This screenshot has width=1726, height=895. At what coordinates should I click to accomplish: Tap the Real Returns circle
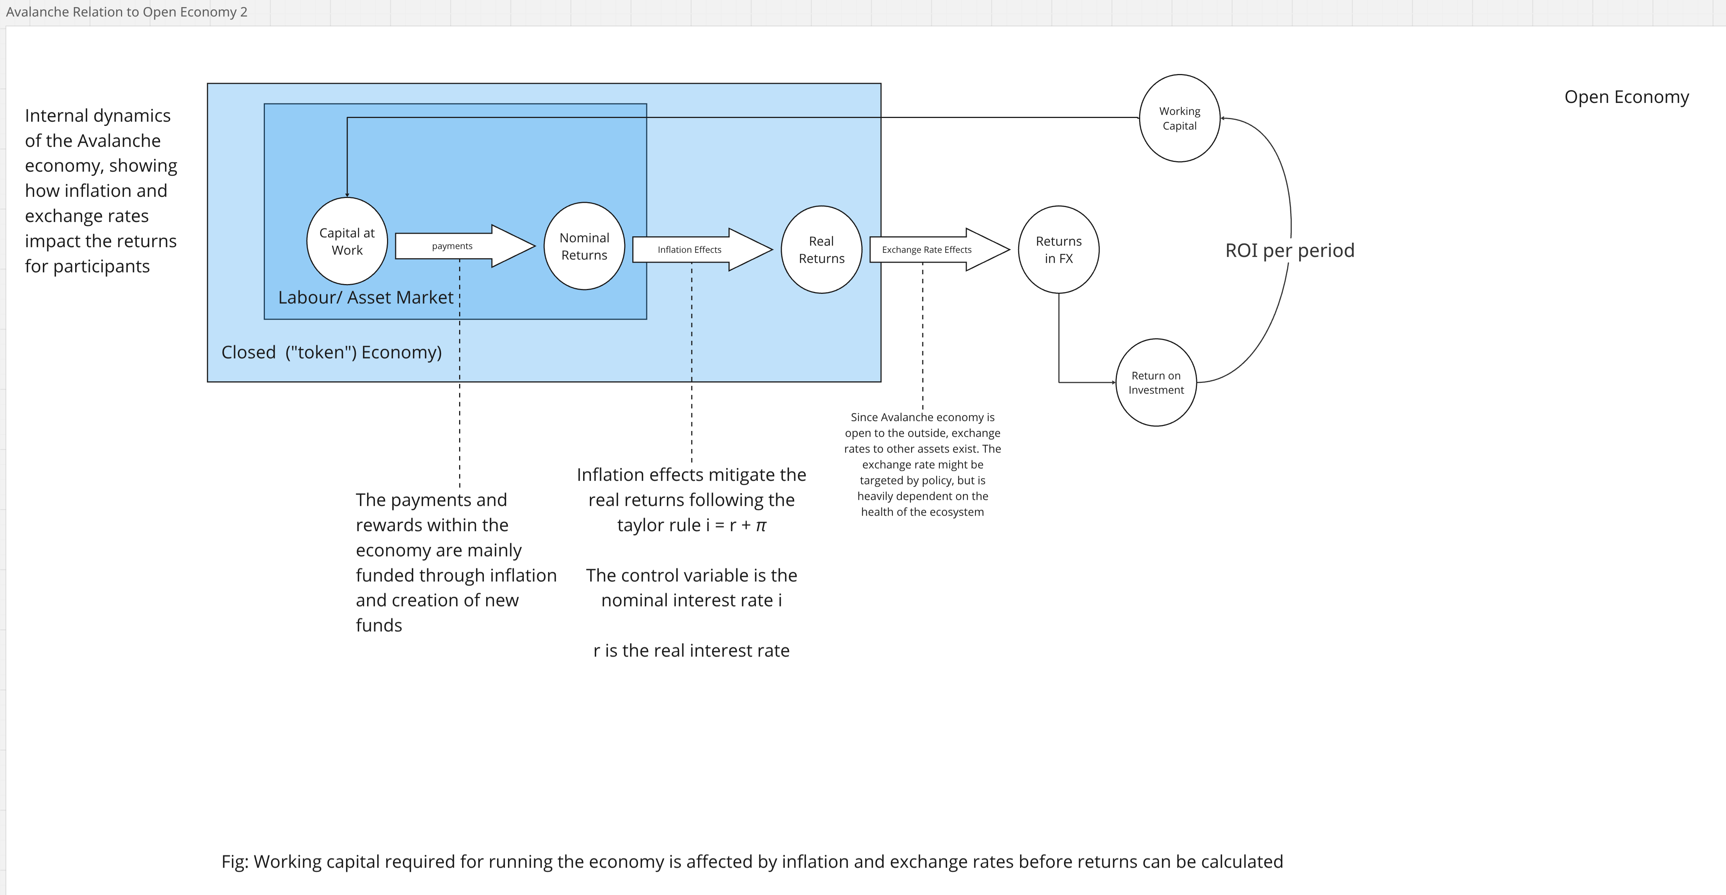click(x=821, y=249)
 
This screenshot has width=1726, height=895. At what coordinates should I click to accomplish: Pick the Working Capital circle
click(x=1179, y=118)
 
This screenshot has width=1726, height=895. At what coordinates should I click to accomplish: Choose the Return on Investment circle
click(x=1155, y=382)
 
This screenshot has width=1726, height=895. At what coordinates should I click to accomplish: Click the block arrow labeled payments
click(x=462, y=246)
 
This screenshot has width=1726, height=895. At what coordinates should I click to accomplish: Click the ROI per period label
click(x=1289, y=250)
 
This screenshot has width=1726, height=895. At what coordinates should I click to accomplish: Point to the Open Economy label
click(x=1626, y=97)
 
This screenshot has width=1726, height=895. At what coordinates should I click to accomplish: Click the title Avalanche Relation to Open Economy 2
click(x=127, y=12)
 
